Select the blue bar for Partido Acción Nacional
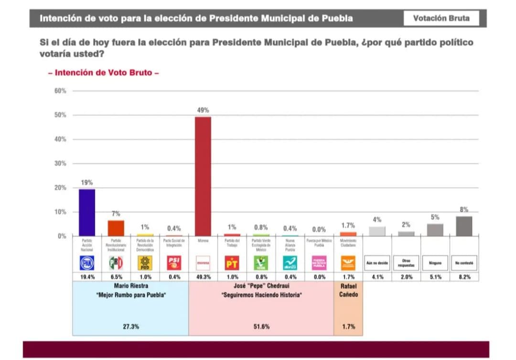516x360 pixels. click(x=86, y=212)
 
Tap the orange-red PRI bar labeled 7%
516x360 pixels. click(x=116, y=228)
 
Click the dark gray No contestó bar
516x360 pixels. click(x=464, y=226)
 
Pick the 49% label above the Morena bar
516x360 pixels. click(x=203, y=110)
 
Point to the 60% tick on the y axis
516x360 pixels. click(x=60, y=91)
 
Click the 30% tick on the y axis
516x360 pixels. click(x=60, y=164)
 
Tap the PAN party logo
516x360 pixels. click(x=86, y=262)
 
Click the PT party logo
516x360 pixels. click(x=232, y=262)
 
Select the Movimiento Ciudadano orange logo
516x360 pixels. click(x=348, y=262)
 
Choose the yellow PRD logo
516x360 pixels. click(x=145, y=262)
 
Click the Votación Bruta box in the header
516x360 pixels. click(x=441, y=19)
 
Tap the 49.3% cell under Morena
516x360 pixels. click(x=203, y=277)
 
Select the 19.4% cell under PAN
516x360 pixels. click(x=86, y=277)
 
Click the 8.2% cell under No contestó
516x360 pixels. click(x=464, y=277)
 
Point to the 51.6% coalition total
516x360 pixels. click(x=261, y=327)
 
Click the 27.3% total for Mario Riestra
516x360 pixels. click(x=130, y=327)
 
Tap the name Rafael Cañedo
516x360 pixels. click(x=348, y=290)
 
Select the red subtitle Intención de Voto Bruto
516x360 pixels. click(x=103, y=73)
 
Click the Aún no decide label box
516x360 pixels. click(x=377, y=262)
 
